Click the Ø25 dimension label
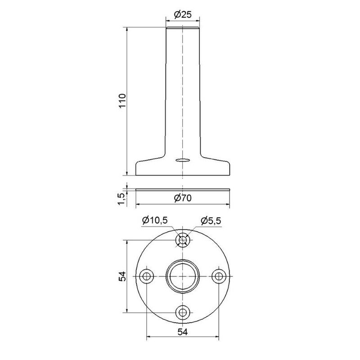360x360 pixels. tap(183, 14)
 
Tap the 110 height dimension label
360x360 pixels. tap(122, 101)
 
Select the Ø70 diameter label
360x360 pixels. tap(183, 198)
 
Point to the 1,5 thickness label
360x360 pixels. tap(122, 199)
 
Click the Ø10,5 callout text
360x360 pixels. tap(155, 220)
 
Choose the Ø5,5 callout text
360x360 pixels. tap(211, 221)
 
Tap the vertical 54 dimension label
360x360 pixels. tap(122, 276)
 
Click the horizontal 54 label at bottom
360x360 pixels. tap(183, 332)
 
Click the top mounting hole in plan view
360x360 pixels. tap(183, 240)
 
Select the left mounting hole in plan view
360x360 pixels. tap(147, 276)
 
